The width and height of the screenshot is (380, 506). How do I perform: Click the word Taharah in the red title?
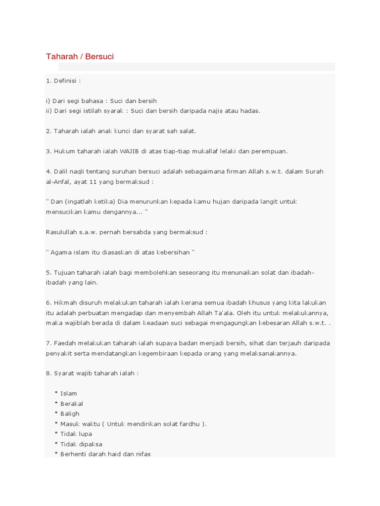(x=60, y=56)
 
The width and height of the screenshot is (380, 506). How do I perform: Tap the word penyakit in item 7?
(x=60, y=353)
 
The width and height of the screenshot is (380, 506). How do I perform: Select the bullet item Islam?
(x=68, y=393)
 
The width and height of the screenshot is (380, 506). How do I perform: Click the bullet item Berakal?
(x=71, y=404)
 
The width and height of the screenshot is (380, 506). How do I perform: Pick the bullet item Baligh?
(x=70, y=414)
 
